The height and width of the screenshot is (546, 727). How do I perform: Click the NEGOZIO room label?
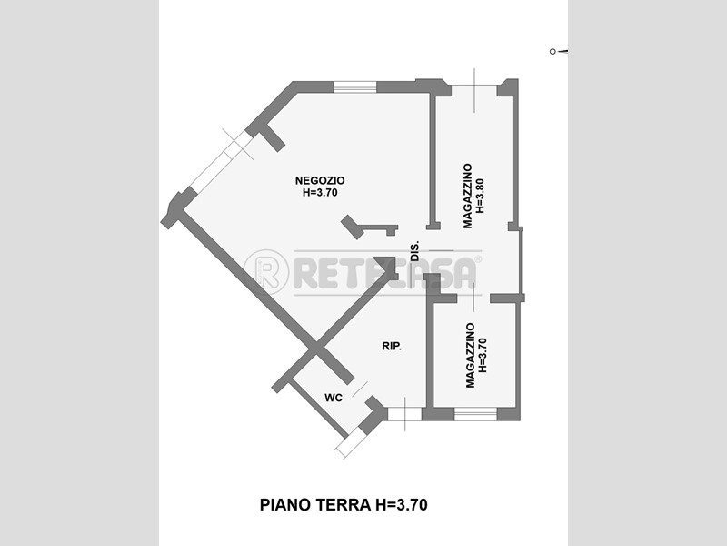(320, 180)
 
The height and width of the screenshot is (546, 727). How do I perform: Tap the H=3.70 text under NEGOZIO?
(320, 192)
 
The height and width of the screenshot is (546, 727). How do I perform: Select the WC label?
(334, 398)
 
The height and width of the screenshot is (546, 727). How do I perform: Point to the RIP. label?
(392, 347)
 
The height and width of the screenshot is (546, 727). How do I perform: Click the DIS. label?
(415, 251)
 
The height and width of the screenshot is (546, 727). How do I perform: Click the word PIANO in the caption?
(285, 505)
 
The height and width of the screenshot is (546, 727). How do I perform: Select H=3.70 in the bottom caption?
(401, 505)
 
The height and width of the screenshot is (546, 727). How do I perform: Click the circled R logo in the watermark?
(266, 272)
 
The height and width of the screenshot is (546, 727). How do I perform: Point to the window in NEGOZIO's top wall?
(355, 86)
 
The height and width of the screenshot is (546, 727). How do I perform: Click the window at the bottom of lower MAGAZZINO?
(475, 414)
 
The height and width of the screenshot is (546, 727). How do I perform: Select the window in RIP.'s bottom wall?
(404, 414)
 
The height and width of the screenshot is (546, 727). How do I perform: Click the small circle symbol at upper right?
(553, 52)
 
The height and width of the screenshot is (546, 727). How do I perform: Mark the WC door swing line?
(360, 389)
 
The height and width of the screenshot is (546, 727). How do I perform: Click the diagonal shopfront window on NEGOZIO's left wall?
(222, 161)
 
